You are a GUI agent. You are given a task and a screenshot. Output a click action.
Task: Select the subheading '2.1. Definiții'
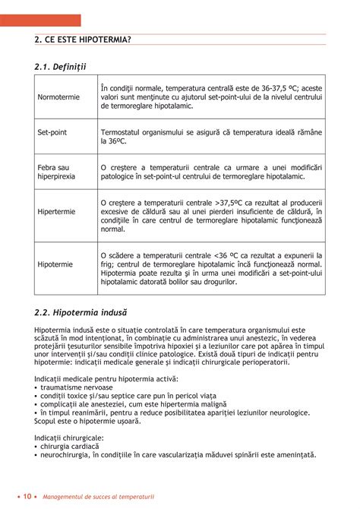(61, 68)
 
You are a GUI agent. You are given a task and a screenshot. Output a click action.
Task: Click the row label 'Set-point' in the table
(52, 132)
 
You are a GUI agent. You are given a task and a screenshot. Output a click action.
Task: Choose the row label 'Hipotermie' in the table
(55, 264)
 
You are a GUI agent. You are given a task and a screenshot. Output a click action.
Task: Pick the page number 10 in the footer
(26, 496)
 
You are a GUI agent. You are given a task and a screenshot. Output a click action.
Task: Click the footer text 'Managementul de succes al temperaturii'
(99, 497)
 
